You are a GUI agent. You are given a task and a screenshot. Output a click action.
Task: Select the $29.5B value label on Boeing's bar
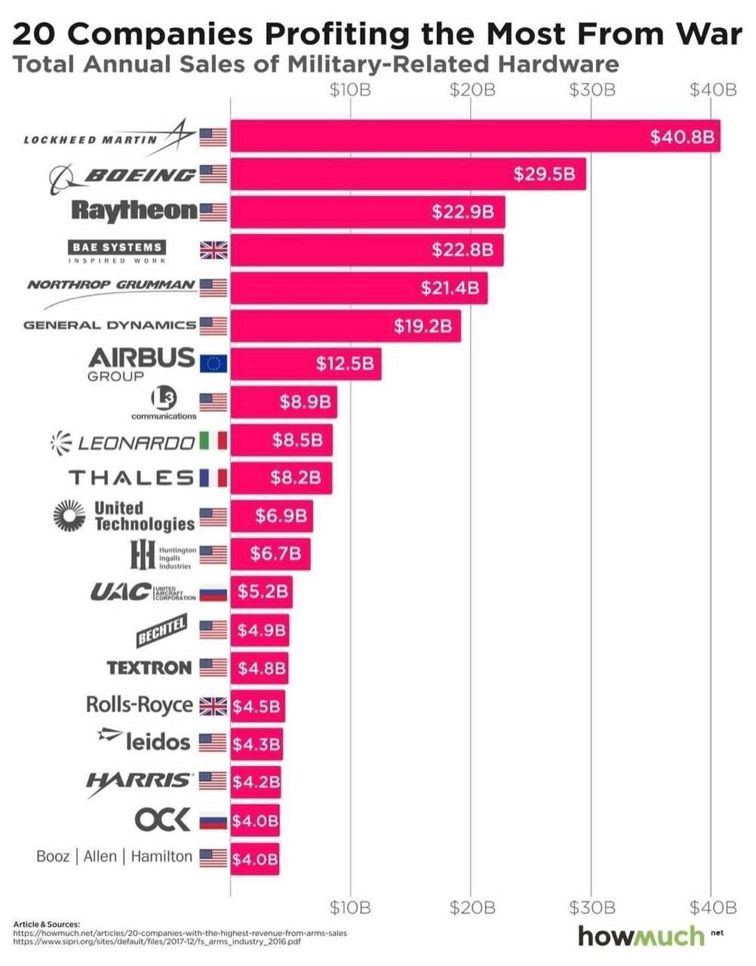[x=544, y=174]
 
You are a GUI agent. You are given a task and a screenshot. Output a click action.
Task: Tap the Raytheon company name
[x=134, y=211]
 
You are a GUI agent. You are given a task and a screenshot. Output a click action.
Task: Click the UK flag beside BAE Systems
[x=213, y=251]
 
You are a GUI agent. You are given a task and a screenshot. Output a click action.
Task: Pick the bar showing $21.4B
[x=358, y=288]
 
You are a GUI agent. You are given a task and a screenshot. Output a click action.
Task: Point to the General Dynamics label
[x=109, y=325]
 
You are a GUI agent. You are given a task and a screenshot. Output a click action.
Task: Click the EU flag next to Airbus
[x=213, y=364]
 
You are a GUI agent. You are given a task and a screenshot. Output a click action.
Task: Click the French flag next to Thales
[x=213, y=478]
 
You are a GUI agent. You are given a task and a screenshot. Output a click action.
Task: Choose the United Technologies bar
[x=272, y=516]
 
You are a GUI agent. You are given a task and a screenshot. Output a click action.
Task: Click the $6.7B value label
[x=275, y=554]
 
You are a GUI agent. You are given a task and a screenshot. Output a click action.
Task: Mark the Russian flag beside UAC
[x=213, y=592]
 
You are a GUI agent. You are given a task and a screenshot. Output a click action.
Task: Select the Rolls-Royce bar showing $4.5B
[x=257, y=706]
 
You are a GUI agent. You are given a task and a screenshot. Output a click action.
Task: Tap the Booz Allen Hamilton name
[x=114, y=857]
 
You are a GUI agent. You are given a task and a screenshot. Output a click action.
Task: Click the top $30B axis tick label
[x=592, y=91]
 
